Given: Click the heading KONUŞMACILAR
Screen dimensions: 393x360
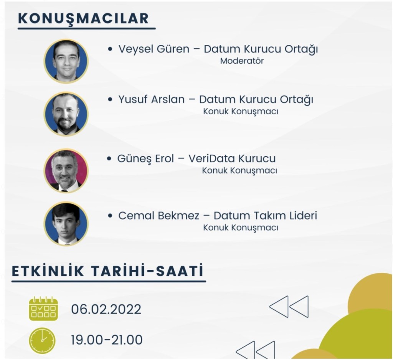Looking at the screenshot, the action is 83,18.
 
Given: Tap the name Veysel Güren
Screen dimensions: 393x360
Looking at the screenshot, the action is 154,49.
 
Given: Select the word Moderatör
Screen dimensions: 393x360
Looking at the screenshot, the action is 242,61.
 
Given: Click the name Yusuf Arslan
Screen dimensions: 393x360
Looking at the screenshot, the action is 151,99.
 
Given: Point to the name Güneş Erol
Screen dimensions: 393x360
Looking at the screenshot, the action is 145,159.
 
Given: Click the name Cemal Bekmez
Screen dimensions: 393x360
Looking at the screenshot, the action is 159,216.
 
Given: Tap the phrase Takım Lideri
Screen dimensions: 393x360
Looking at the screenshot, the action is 286,216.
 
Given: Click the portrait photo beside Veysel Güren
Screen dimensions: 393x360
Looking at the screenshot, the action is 66,61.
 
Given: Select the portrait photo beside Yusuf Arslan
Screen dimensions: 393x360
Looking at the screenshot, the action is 66,114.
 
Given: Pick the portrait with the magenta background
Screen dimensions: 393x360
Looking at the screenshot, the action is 66,171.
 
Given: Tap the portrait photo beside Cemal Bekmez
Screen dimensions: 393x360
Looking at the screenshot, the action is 66,224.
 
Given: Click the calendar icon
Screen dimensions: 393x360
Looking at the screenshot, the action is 43,309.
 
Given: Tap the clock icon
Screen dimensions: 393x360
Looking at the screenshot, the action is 42,340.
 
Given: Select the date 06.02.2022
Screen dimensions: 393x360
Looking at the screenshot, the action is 106,309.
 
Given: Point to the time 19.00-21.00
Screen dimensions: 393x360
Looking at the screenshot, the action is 107,340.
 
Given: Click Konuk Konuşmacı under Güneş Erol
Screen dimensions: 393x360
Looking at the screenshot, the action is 239,171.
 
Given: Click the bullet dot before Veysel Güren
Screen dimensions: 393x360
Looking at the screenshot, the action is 110,49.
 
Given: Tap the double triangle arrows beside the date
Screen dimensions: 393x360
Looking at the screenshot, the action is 289,307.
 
